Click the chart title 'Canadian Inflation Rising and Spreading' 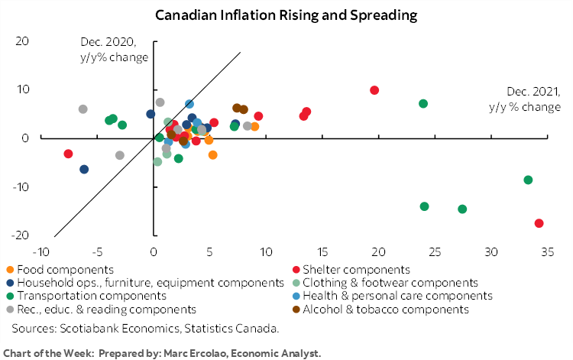tap(286, 15)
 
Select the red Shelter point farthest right tap(539, 223)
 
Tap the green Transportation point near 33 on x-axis tap(528, 180)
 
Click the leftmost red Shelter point tap(68, 154)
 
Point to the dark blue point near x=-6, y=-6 tap(84, 170)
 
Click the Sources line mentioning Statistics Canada tap(145, 329)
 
